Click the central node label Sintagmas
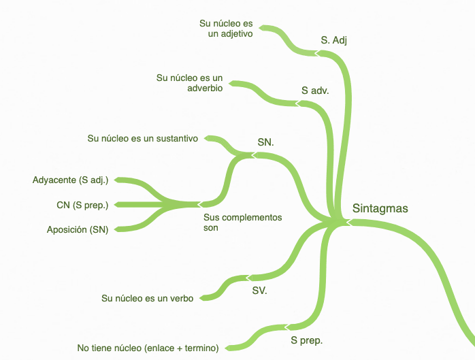click(x=380, y=208)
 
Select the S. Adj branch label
click(x=334, y=40)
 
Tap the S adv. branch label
click(x=315, y=90)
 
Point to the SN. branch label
click(x=265, y=142)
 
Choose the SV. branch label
click(x=260, y=290)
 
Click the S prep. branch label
click(x=306, y=340)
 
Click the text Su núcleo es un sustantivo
click(x=143, y=139)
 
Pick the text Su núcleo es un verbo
click(x=148, y=298)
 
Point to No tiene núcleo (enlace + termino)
click(x=148, y=348)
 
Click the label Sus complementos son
click(x=242, y=223)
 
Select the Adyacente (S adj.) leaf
click(x=71, y=180)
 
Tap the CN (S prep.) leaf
click(x=82, y=205)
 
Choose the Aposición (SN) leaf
click(x=77, y=230)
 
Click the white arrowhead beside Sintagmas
click(x=346, y=221)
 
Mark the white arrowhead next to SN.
click(x=253, y=155)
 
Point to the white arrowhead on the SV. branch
click(x=248, y=278)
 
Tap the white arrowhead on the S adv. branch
click(x=297, y=103)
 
